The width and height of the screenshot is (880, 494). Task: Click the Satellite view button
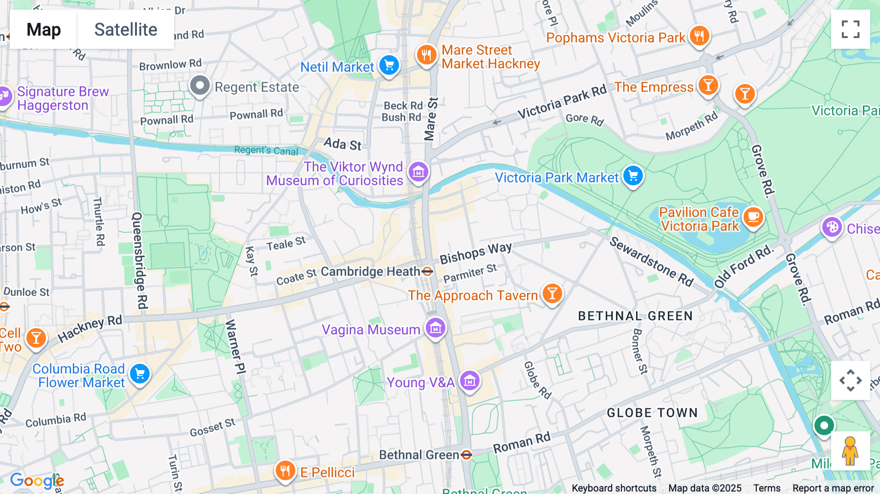click(126, 30)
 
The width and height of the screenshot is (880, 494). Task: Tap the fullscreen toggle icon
click(850, 29)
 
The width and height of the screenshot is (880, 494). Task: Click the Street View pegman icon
click(850, 450)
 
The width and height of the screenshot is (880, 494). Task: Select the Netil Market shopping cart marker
click(389, 65)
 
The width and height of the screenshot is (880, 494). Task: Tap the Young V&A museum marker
click(470, 380)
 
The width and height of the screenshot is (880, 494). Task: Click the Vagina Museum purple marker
click(435, 328)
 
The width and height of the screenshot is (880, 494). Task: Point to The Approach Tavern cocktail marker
click(552, 294)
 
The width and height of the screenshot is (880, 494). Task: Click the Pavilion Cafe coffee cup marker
click(753, 217)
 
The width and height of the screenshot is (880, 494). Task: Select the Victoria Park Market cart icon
click(633, 176)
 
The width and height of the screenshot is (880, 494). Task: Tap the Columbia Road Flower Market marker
click(140, 374)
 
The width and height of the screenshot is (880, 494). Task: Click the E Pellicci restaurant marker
click(285, 471)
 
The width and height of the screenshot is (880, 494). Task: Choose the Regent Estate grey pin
click(199, 86)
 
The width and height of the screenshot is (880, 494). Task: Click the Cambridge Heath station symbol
click(427, 271)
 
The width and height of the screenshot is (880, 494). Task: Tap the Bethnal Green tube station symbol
click(466, 455)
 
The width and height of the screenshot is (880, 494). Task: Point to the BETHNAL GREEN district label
click(635, 316)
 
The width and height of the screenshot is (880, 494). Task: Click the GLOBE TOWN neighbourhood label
click(652, 413)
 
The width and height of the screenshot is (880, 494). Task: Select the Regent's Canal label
click(266, 151)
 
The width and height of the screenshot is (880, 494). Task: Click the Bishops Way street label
click(475, 253)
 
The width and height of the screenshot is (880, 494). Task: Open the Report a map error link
click(833, 488)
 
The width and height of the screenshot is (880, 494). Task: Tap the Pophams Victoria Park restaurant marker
click(699, 36)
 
